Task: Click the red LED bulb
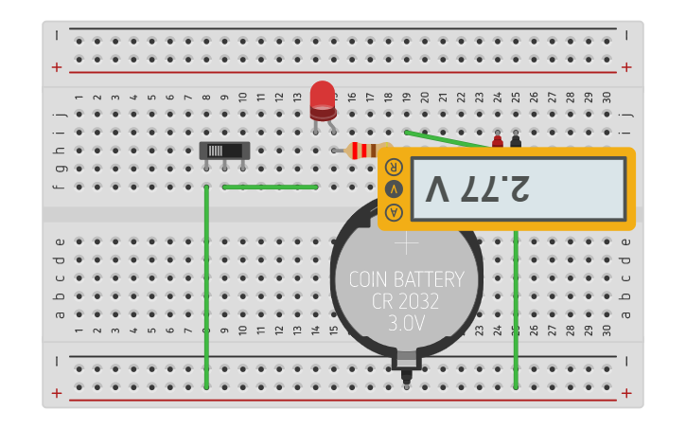tap(323, 96)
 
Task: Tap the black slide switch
tap(224, 151)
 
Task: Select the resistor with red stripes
tap(363, 150)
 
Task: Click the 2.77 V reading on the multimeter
tap(477, 188)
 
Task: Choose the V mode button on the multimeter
tap(394, 188)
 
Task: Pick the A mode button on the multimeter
tap(394, 211)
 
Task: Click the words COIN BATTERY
tap(407, 279)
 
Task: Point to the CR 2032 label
tap(407, 301)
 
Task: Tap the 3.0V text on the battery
tap(407, 323)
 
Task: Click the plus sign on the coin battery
tap(407, 243)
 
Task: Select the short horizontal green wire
tap(271, 187)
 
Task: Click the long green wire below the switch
tap(206, 284)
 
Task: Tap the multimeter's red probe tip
tap(498, 142)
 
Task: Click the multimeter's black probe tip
tap(516, 141)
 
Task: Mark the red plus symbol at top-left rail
tap(58, 67)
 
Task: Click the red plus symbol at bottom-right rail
tap(626, 393)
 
